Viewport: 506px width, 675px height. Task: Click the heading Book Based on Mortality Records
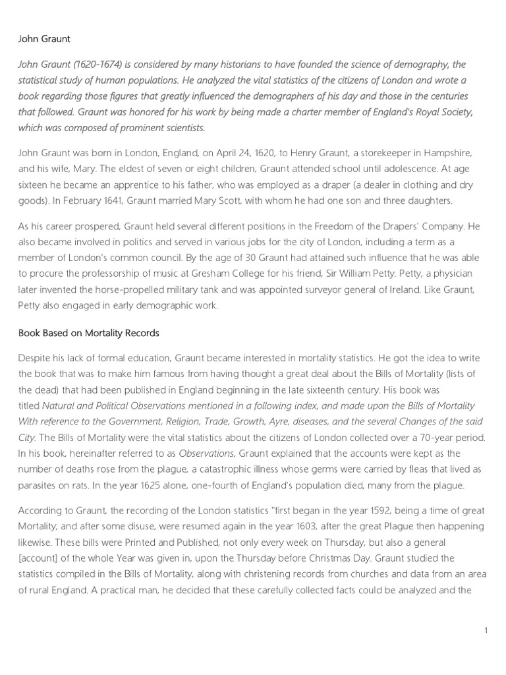click(89, 333)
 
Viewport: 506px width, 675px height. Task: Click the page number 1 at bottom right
click(486, 631)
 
